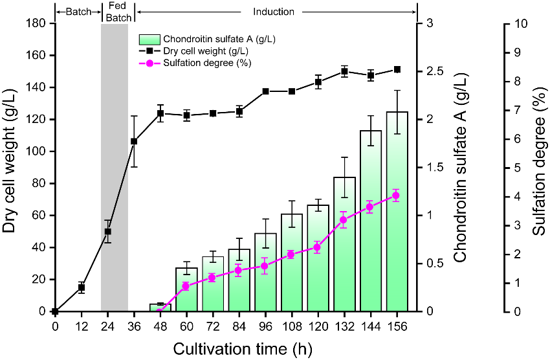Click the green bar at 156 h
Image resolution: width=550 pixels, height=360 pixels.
[x=397, y=214]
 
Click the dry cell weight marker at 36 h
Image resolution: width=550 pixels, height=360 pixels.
[x=134, y=141]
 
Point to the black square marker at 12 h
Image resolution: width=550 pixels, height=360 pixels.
[x=82, y=287]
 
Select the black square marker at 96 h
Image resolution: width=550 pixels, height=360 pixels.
[x=265, y=91]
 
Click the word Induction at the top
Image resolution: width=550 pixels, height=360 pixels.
[x=274, y=12]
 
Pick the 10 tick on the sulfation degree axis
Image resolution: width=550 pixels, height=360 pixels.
[x=522, y=23]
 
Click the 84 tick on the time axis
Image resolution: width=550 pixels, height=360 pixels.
[x=239, y=325]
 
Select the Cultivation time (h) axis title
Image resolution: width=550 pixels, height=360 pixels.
[x=242, y=349]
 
